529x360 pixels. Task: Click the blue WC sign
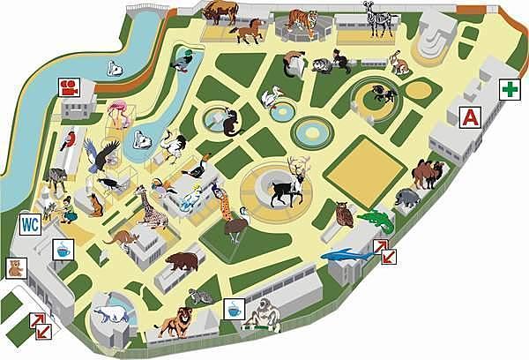[29, 223]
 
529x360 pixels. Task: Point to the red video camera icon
[68, 86]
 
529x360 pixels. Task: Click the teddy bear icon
[15, 267]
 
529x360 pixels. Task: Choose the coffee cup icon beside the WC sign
[63, 249]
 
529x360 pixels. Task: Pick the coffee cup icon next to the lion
[233, 309]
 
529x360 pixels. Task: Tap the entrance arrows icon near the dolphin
[384, 251]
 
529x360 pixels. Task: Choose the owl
[345, 214]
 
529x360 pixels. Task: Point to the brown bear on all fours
[182, 261]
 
